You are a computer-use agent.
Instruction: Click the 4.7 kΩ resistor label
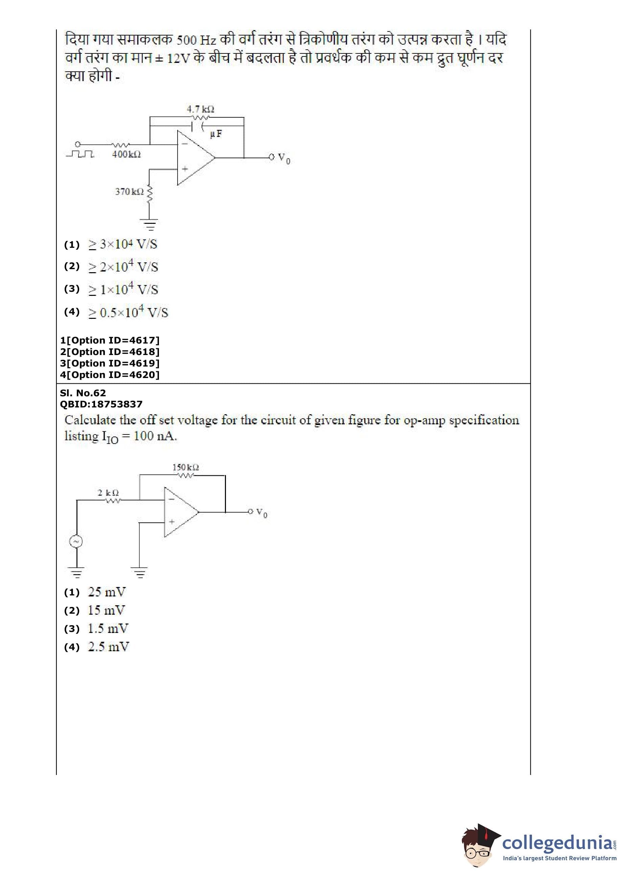(200, 109)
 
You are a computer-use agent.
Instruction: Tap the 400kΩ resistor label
(126, 154)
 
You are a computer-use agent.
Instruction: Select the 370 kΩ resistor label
(129, 191)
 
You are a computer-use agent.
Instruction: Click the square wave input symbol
(80, 154)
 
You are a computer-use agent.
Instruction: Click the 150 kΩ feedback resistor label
(185, 467)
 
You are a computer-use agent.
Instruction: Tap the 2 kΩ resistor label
(108, 493)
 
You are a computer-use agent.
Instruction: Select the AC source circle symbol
(76, 541)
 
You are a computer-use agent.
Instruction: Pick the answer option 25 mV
(107, 592)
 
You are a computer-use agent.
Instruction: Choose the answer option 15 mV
(106, 610)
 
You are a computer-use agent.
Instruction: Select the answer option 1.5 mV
(108, 629)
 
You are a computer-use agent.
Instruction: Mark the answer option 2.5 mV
(108, 647)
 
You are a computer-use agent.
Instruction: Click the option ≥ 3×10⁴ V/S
(123, 244)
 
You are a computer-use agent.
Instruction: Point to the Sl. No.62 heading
(83, 393)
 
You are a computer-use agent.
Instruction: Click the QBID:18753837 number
(101, 404)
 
